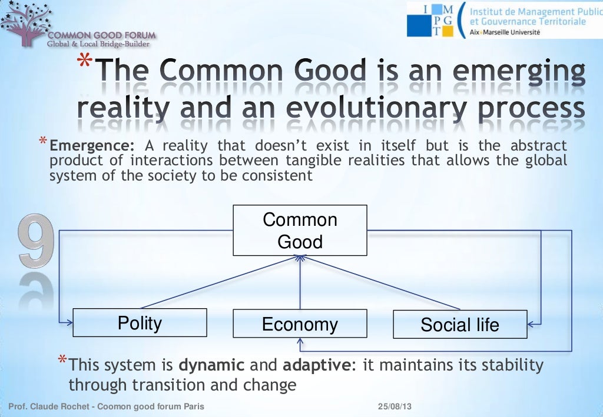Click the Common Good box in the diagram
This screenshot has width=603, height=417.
pyautogui.click(x=300, y=230)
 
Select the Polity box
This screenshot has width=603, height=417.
pyautogui.click(x=140, y=322)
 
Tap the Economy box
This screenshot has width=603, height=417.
pyautogui.click(x=300, y=324)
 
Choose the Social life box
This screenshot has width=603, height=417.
pyautogui.click(x=460, y=324)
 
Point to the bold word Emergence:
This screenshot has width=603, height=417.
pyautogui.click(x=92, y=146)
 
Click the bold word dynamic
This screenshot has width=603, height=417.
pyautogui.click(x=211, y=365)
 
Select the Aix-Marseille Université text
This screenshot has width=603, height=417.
pyautogui.click(x=504, y=33)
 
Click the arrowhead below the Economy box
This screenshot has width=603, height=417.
pyautogui.click(x=300, y=342)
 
